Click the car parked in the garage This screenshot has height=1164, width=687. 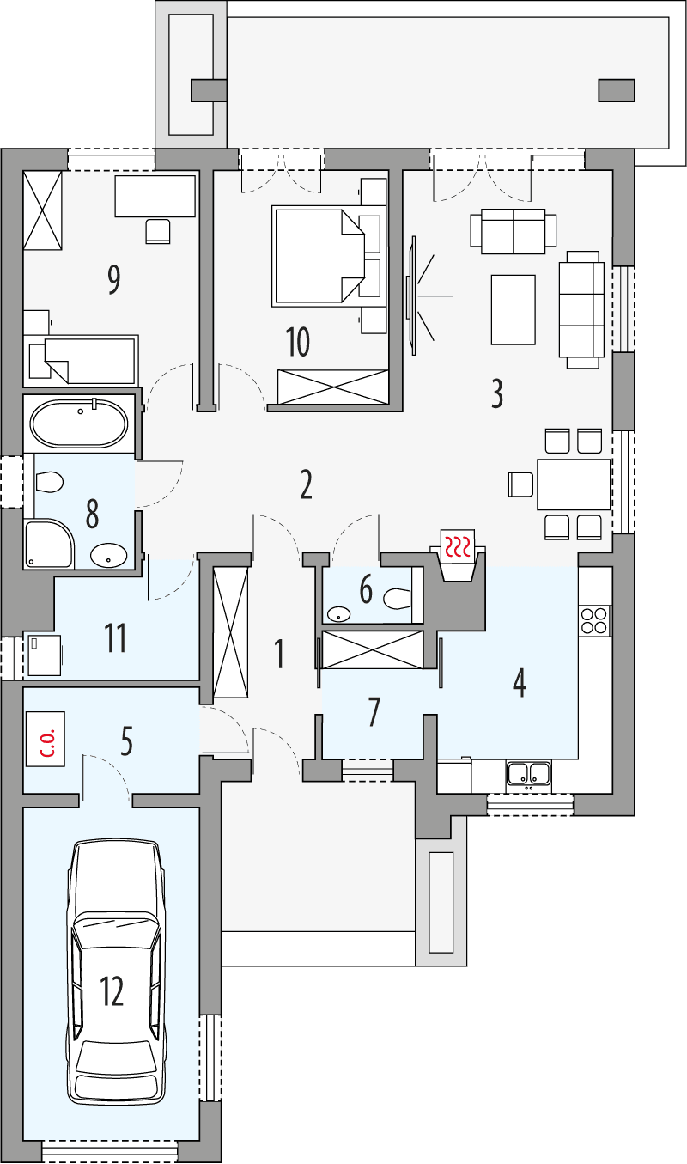click(116, 971)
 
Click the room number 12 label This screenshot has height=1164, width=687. click(112, 991)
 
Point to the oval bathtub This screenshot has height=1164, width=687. click(79, 424)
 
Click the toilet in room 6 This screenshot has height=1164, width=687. click(397, 598)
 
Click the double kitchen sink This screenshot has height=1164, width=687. click(528, 774)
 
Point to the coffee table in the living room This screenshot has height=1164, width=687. click(513, 309)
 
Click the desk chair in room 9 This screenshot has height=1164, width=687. click(158, 230)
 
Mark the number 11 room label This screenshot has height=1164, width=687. click(115, 638)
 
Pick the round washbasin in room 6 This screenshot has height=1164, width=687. click(340, 614)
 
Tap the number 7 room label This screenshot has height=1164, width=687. click(374, 711)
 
